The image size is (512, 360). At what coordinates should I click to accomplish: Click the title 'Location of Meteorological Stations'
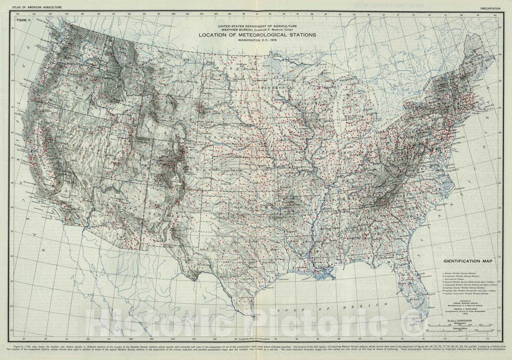pyautogui.click(x=257, y=35)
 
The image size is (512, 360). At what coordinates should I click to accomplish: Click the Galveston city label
pyautogui.click(x=283, y=279)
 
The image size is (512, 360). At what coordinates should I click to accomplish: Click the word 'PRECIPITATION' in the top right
pyautogui.click(x=490, y=9)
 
